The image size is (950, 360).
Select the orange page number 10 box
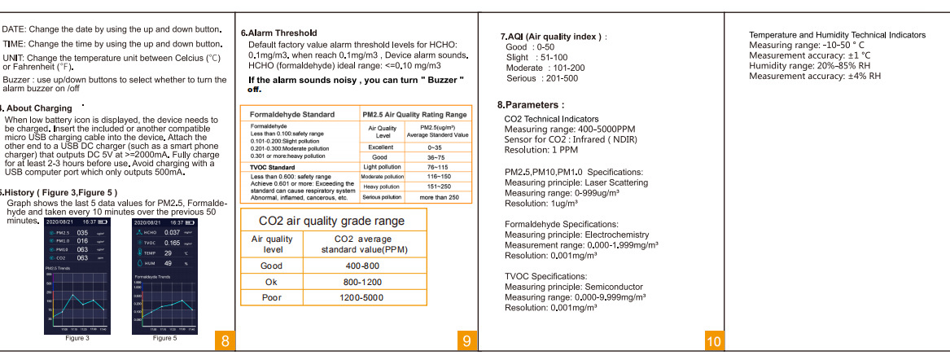[713, 343]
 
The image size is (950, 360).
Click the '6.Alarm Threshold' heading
[279, 33]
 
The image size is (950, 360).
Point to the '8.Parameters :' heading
[530, 105]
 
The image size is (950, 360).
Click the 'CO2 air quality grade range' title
[331, 221]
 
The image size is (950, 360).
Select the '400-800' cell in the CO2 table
[362, 266]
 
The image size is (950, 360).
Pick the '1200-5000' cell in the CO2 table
[362, 298]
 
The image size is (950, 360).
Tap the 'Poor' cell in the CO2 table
[271, 298]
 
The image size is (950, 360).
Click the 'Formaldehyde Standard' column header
[291, 115]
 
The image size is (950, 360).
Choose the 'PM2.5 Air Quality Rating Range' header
[414, 115]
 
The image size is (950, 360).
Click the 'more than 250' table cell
[439, 197]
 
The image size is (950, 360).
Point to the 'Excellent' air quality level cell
[380, 147]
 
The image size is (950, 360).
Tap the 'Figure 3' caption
[77, 337]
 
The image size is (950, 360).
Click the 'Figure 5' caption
[164, 337]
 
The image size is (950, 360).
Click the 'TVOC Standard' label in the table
[272, 167]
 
